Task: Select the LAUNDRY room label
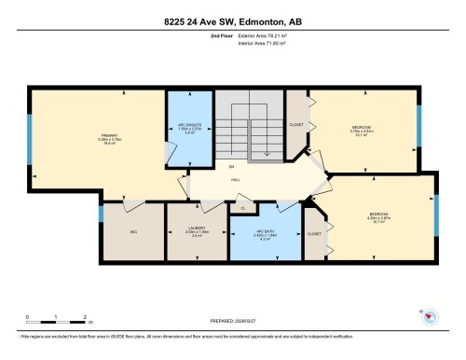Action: click(196, 229)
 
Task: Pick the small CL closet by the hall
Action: click(242, 208)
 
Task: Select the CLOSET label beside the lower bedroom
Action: click(314, 233)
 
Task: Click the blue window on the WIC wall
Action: click(101, 215)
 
